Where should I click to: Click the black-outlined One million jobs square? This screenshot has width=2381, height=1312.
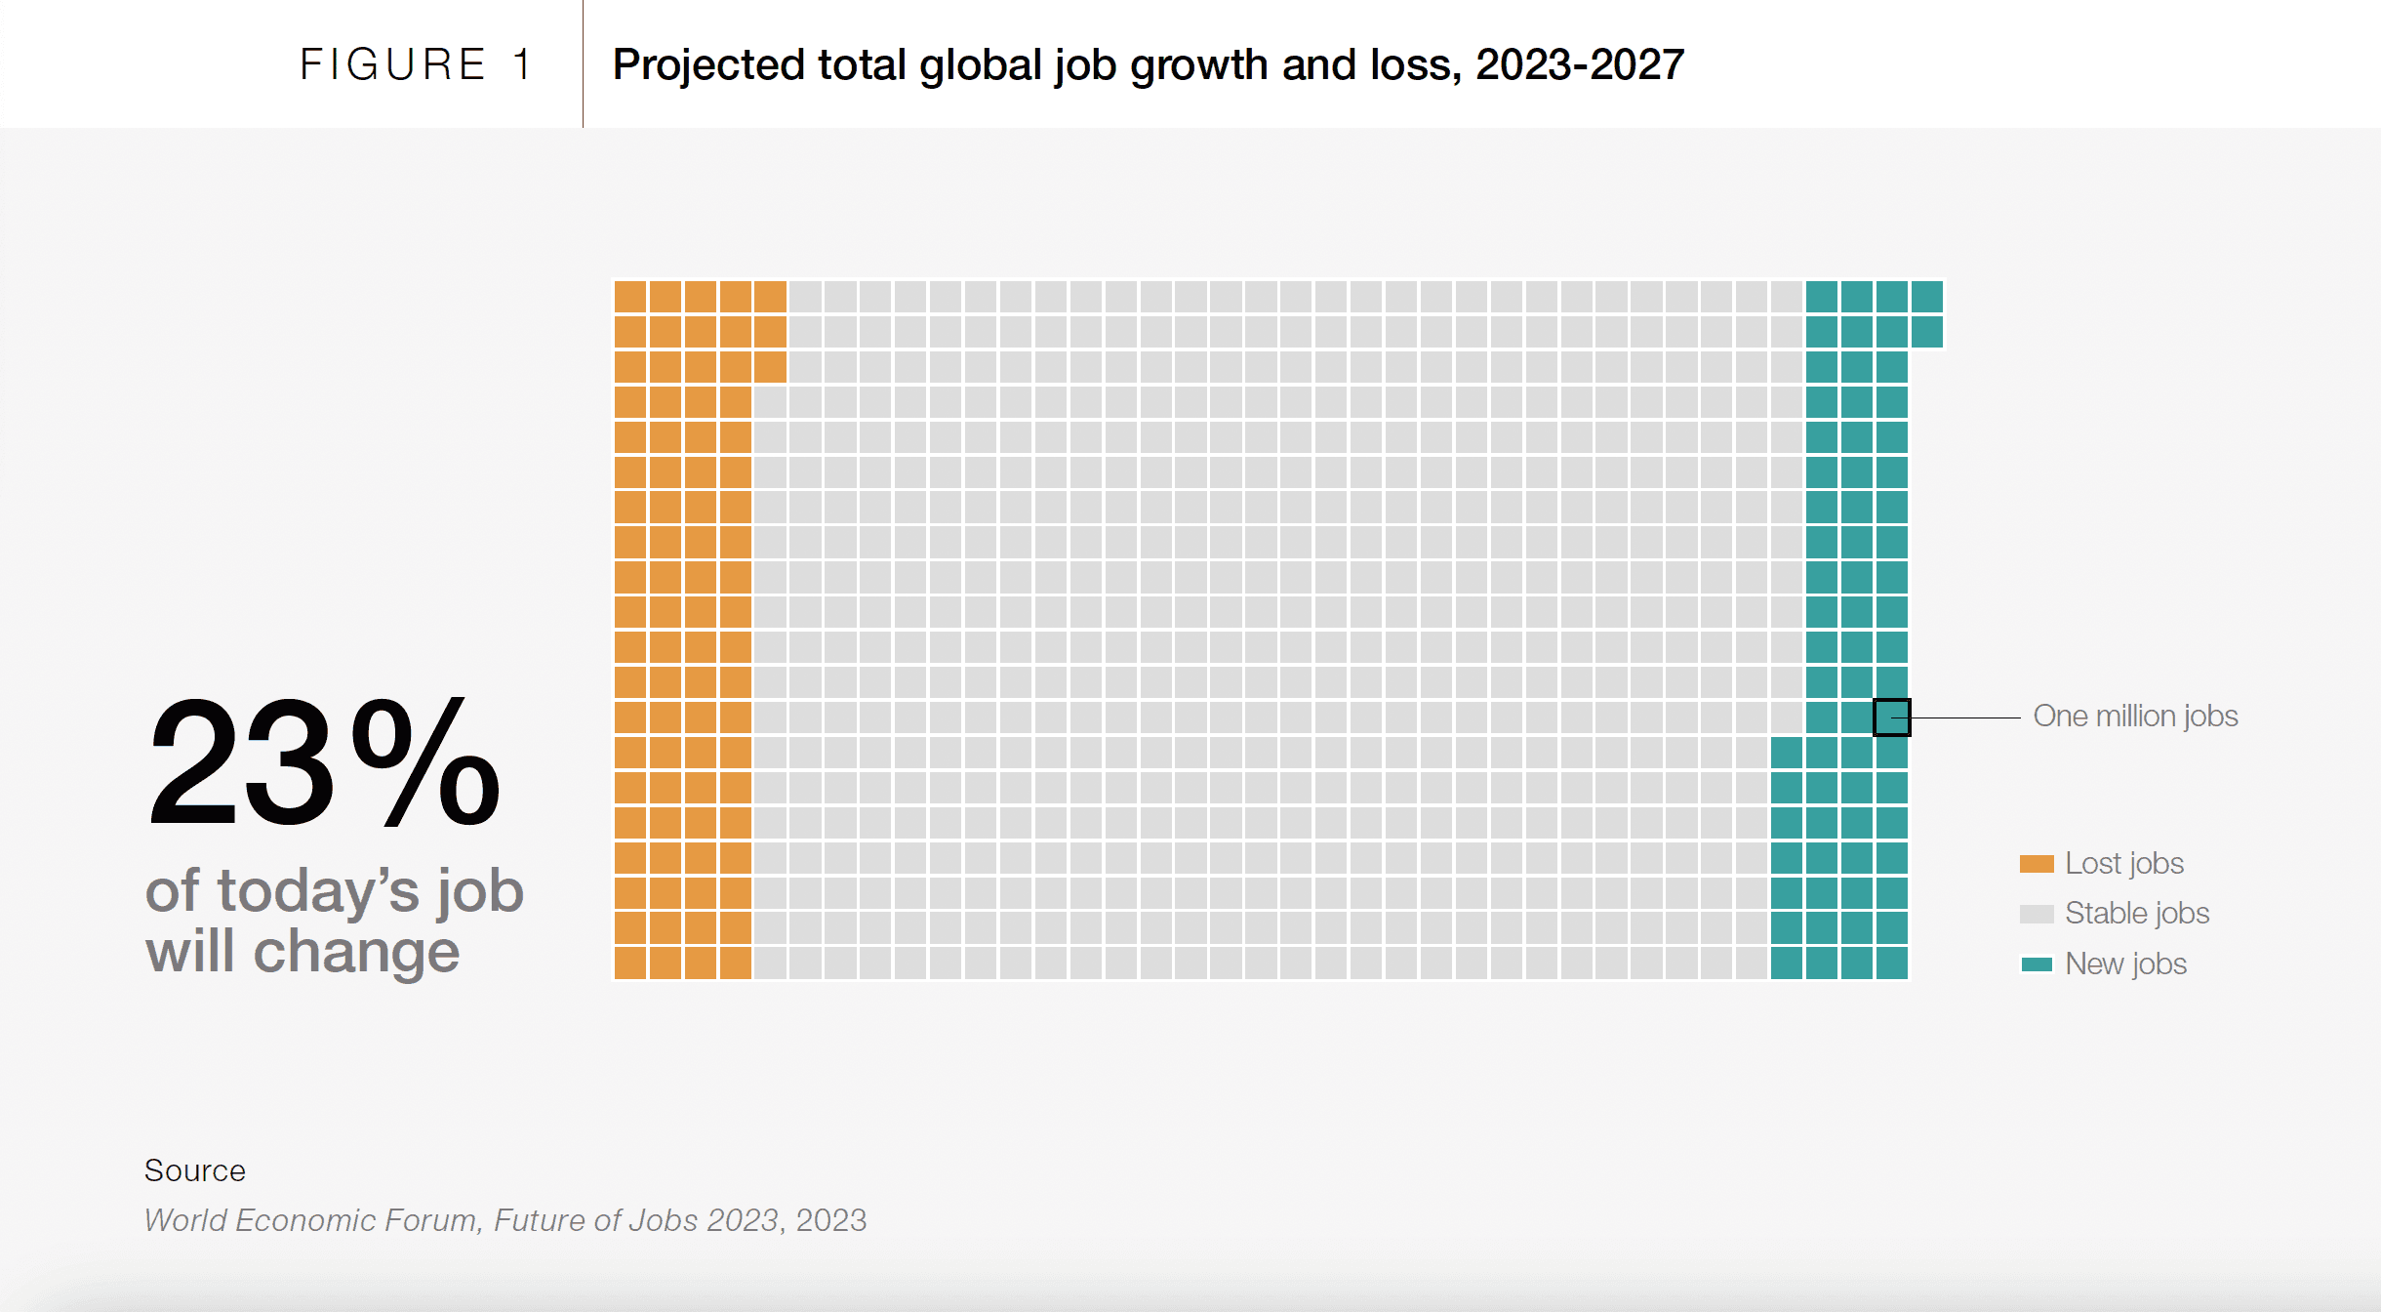tap(1891, 717)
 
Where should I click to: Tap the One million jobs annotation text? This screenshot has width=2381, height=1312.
tap(2135, 717)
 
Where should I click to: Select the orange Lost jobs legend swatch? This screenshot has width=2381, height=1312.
tap(2037, 864)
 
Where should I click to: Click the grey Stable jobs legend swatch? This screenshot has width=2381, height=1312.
tap(2037, 914)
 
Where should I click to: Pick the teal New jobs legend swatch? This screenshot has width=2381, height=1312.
tap(2037, 964)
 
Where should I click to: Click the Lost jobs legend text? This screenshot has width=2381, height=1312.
tap(2124, 864)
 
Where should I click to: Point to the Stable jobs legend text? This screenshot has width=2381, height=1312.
tap(2137, 914)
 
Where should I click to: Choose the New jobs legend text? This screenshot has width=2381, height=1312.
tap(2125, 964)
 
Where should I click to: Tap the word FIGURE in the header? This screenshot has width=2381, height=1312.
tap(392, 65)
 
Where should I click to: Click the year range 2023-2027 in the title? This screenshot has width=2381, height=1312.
tap(1580, 65)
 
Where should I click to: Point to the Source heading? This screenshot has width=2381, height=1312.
tap(195, 1170)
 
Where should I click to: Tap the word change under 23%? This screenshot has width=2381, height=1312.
tap(356, 953)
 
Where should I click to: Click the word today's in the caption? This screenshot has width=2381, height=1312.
tap(318, 891)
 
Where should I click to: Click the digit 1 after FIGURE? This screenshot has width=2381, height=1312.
tap(523, 65)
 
